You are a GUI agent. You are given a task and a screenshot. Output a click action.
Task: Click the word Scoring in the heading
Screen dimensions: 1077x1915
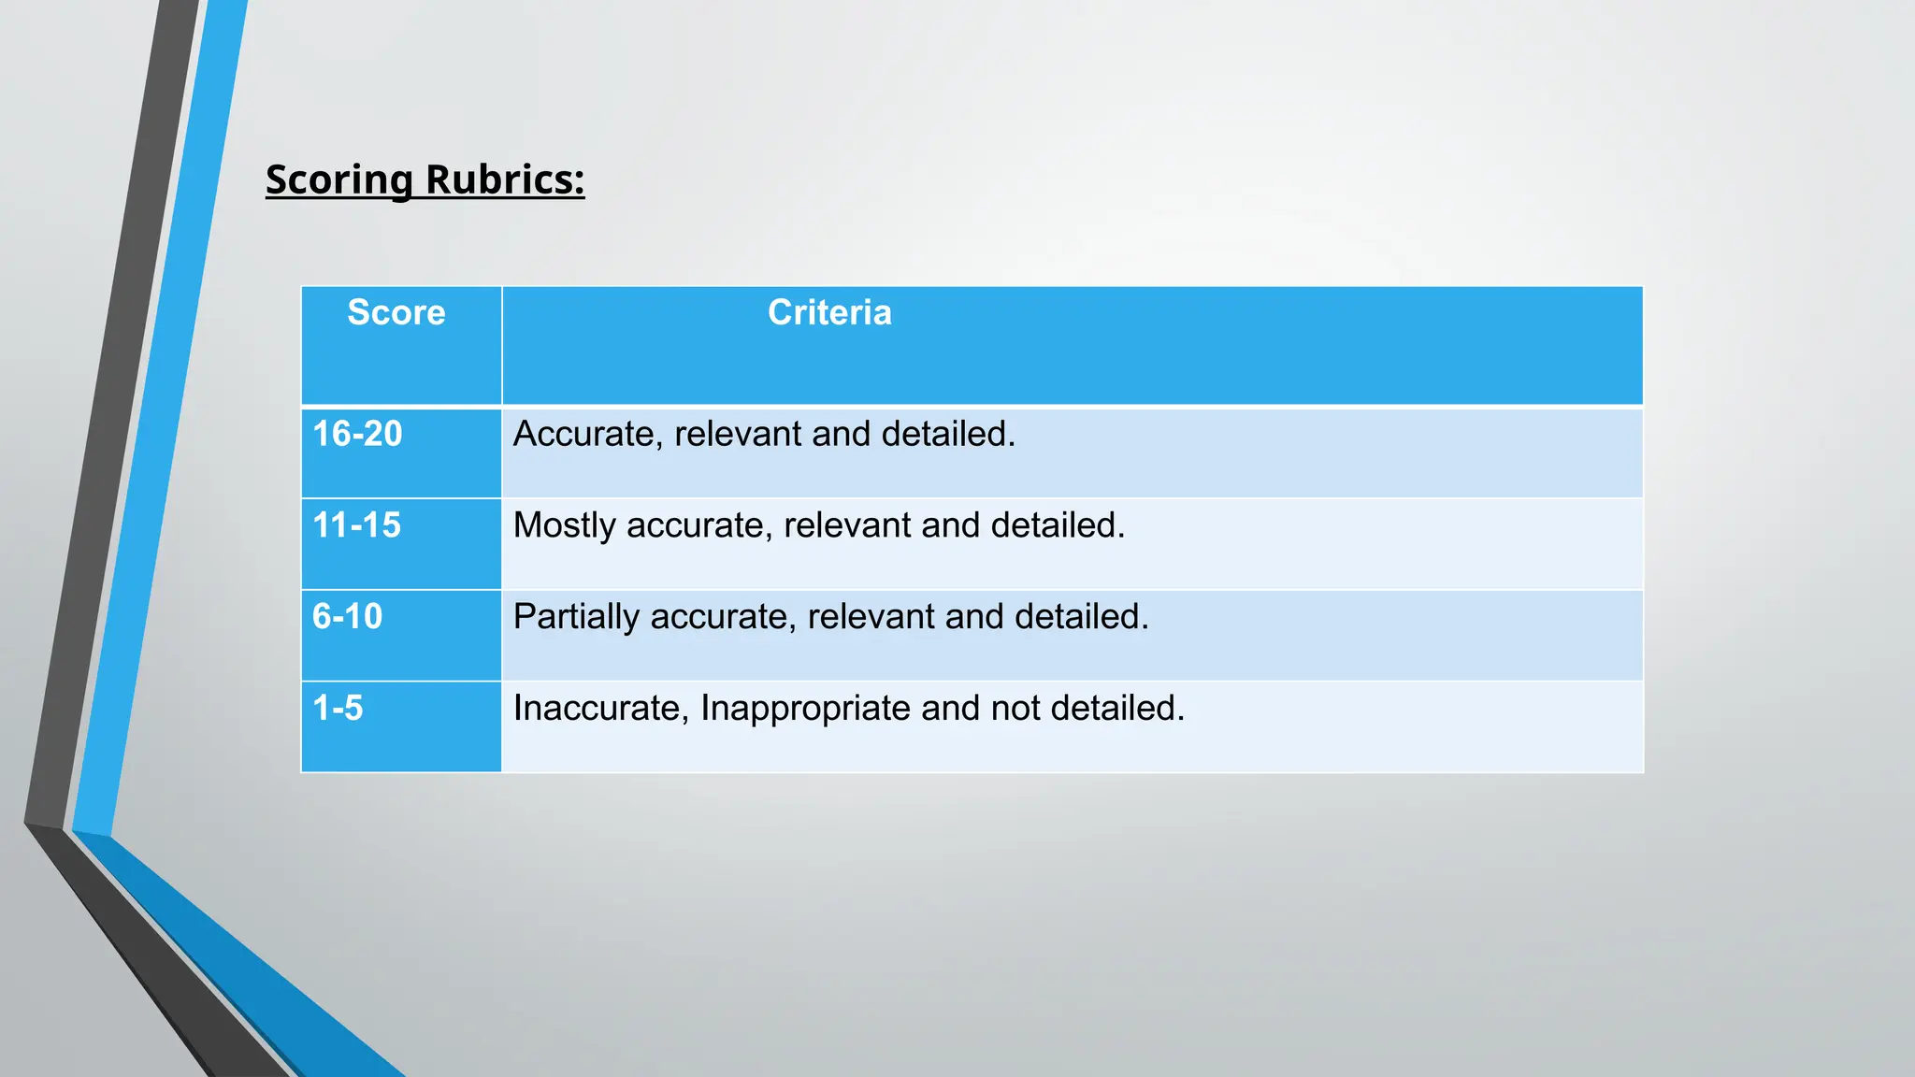(339, 179)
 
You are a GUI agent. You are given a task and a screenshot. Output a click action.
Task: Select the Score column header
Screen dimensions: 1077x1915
(396, 312)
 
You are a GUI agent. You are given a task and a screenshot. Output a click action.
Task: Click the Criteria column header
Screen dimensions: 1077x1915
(829, 312)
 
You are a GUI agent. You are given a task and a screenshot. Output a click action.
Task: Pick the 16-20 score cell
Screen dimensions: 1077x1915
(357, 434)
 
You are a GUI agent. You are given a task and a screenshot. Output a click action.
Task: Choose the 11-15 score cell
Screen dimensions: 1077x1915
(356, 525)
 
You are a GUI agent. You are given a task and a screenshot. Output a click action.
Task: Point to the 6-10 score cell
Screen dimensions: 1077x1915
(347, 617)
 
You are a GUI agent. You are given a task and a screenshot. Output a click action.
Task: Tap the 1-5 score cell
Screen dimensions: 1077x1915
(338, 708)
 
